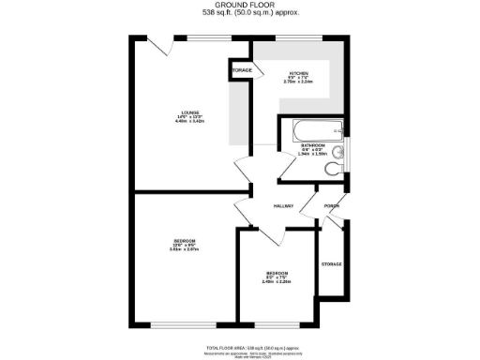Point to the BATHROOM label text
tap(312, 146)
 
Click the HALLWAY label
tap(283, 206)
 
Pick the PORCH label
tap(331, 206)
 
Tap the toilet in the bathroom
tap(333, 169)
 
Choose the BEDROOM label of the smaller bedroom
tap(276, 274)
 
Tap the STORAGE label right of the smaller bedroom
tap(332, 264)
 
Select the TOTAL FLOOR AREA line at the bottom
tap(246, 346)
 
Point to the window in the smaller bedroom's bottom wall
tap(282, 324)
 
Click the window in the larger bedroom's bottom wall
tap(177, 324)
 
